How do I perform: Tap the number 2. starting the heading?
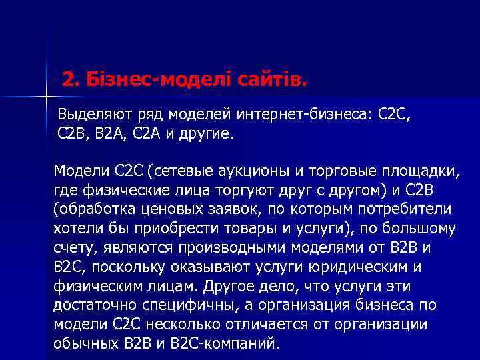click(71, 80)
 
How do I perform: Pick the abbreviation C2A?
click(166, 133)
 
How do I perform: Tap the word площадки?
click(423, 171)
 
